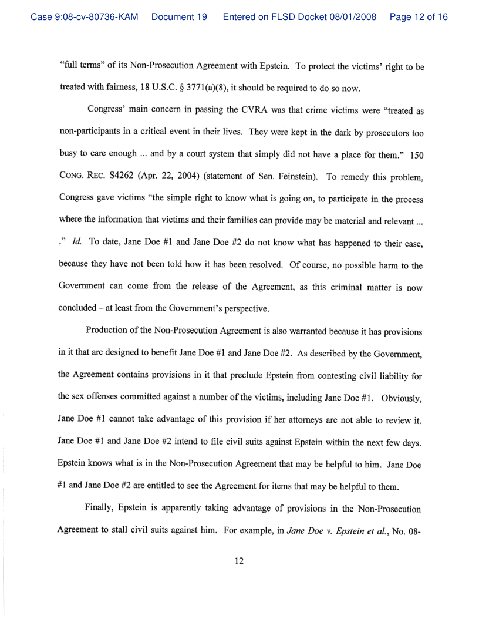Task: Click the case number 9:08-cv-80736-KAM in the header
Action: pyautogui.click(x=85, y=18)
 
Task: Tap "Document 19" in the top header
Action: pyautogui.click(x=179, y=18)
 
